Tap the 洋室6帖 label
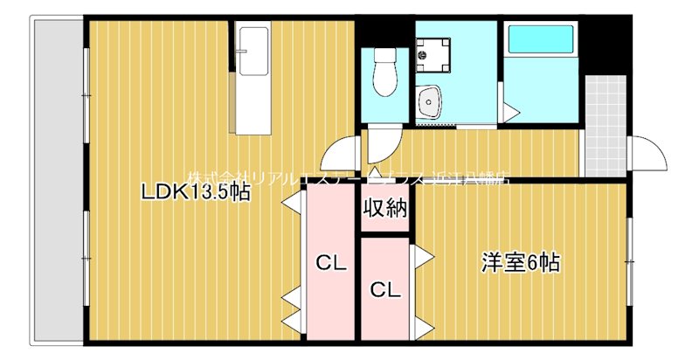click(521, 261)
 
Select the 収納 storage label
click(385, 209)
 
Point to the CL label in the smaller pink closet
click(385, 289)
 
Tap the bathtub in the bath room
click(540, 40)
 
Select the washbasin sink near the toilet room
click(430, 103)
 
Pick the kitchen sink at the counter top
click(253, 44)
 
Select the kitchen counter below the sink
click(253, 100)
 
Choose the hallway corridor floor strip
click(489, 153)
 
